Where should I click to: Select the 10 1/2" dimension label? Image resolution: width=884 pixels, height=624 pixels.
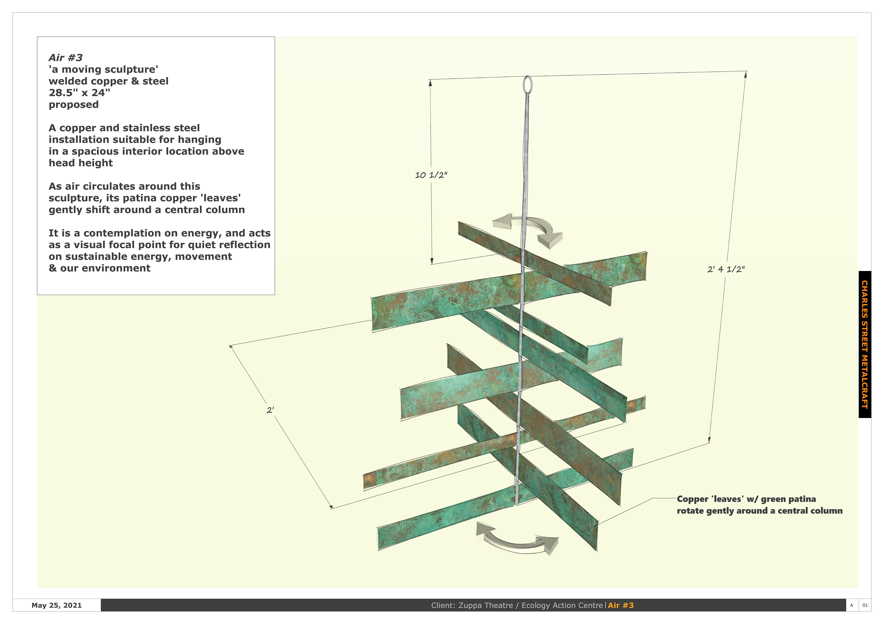(x=431, y=175)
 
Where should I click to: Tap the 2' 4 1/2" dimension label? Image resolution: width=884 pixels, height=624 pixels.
(x=726, y=269)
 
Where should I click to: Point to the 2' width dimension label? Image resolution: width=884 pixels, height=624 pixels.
(x=270, y=410)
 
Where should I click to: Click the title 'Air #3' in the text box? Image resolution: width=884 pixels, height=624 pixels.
(x=65, y=58)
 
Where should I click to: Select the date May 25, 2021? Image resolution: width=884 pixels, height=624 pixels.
(x=57, y=605)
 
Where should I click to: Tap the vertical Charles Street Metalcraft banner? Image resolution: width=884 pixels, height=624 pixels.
(x=864, y=344)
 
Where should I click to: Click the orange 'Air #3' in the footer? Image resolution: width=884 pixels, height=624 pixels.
(x=621, y=605)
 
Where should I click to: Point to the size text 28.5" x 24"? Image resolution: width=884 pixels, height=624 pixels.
(x=79, y=93)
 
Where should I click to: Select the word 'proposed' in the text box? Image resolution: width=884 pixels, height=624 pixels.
(x=73, y=105)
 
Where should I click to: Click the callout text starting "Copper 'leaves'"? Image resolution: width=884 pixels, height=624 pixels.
(x=759, y=505)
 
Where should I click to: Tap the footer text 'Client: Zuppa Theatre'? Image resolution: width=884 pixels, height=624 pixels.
(x=472, y=605)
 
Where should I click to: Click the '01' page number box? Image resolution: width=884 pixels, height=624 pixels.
(x=865, y=605)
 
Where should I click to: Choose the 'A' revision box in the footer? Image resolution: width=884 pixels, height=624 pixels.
(x=851, y=605)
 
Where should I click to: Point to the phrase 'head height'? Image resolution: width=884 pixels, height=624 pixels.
(x=81, y=163)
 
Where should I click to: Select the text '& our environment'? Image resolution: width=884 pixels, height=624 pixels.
(x=99, y=268)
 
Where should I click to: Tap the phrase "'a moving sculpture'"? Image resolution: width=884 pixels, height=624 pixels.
(x=103, y=69)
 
